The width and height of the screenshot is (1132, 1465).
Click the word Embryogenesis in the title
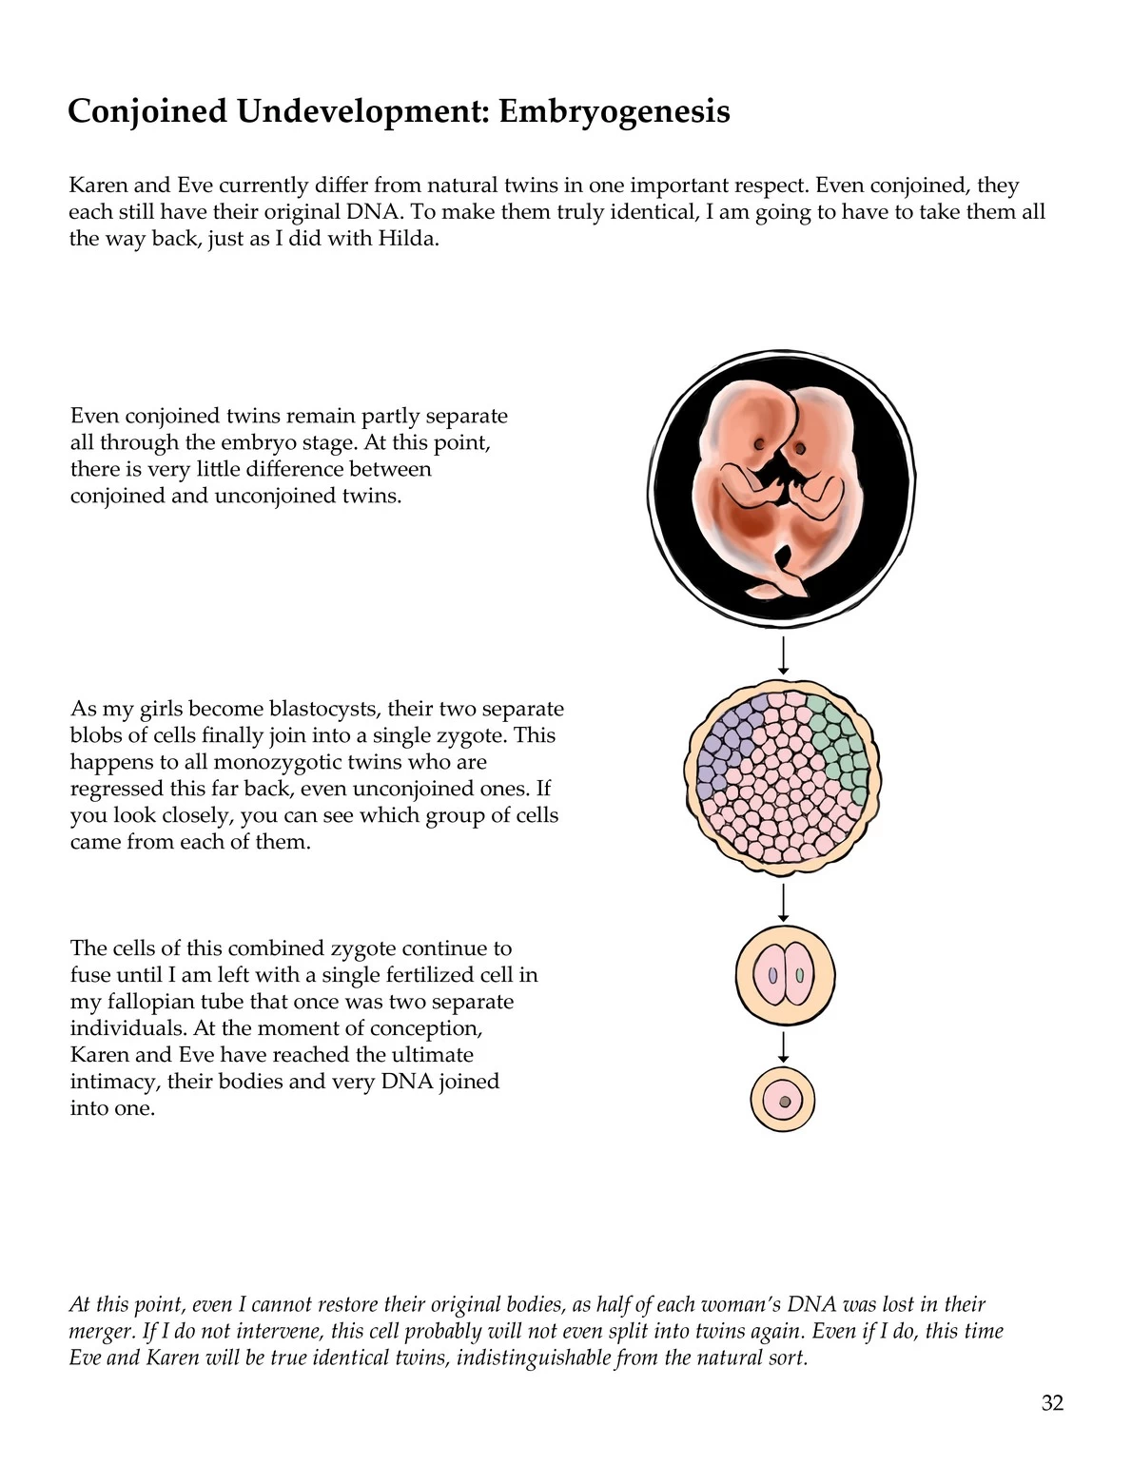tap(615, 111)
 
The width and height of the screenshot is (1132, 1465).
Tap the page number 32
tap(1052, 1403)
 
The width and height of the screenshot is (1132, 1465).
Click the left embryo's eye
tap(759, 444)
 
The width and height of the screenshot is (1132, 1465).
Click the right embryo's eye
tap(800, 449)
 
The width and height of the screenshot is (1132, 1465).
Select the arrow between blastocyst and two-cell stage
tap(783, 902)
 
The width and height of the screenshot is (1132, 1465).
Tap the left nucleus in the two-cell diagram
tap(773, 975)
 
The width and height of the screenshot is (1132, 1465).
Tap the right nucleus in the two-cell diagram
tap(800, 975)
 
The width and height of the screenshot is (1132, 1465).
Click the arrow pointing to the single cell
tap(783, 1046)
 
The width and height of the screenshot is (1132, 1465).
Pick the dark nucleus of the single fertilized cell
tap(784, 1102)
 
